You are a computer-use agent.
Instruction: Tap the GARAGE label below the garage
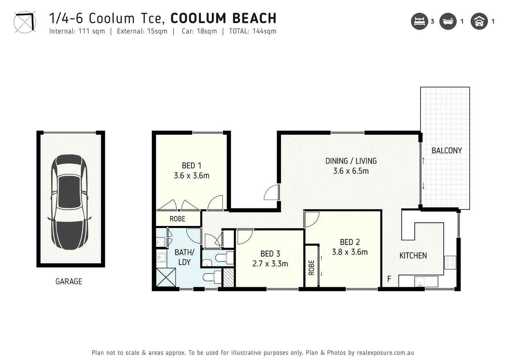click(x=69, y=282)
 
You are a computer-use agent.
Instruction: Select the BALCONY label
click(x=446, y=151)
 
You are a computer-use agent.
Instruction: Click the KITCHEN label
click(x=413, y=256)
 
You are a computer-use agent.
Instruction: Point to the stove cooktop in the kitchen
click(x=450, y=262)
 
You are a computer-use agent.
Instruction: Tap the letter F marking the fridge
click(x=389, y=279)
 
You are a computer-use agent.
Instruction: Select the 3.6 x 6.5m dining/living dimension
click(x=351, y=171)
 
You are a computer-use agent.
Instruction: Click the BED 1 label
click(x=191, y=166)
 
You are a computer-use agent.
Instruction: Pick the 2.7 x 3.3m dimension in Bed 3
click(x=270, y=264)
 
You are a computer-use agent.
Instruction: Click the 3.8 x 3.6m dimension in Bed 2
click(x=350, y=252)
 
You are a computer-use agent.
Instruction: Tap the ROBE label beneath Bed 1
click(x=177, y=219)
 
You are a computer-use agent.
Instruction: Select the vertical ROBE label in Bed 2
click(x=311, y=267)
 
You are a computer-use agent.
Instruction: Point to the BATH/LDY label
click(x=184, y=257)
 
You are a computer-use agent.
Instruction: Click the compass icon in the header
click(x=25, y=22)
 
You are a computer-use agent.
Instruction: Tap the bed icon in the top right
click(x=419, y=21)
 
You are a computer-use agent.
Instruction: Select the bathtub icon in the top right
click(x=448, y=21)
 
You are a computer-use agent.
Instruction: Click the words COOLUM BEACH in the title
click(x=223, y=18)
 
